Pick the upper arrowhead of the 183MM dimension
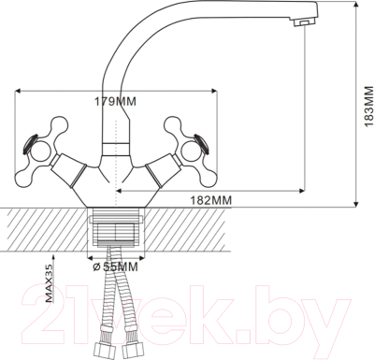[360, 7]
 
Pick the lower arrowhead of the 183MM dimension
[360, 203]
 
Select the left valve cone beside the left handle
[69, 171]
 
